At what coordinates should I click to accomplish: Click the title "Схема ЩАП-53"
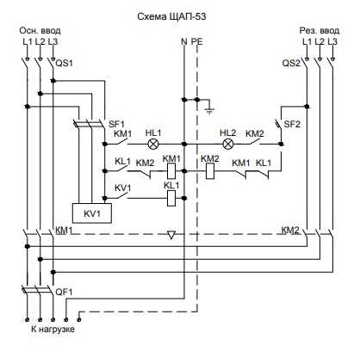click(171, 17)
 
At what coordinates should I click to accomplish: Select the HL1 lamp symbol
click(152, 144)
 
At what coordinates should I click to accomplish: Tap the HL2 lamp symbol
click(228, 144)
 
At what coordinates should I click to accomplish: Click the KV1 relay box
click(92, 213)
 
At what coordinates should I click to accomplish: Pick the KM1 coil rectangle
click(171, 170)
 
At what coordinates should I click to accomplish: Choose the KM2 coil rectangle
click(210, 170)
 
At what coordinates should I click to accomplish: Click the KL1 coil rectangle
click(171, 198)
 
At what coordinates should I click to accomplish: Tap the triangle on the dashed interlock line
click(171, 235)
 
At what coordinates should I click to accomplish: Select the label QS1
click(64, 63)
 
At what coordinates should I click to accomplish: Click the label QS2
click(291, 63)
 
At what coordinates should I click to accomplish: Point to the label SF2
click(292, 124)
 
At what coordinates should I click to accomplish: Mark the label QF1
click(64, 292)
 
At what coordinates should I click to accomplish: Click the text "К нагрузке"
click(53, 329)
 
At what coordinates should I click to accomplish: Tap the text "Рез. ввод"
click(320, 30)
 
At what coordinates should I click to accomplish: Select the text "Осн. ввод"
click(40, 30)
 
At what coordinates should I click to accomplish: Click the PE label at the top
click(197, 41)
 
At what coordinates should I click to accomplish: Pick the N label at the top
click(184, 41)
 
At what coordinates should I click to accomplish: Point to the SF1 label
click(116, 124)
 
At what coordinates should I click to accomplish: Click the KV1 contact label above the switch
click(122, 188)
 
